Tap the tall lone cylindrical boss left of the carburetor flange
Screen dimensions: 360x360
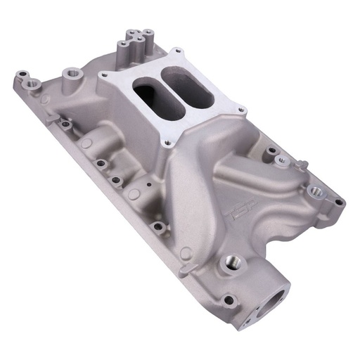pyautogui.click(x=71, y=74)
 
